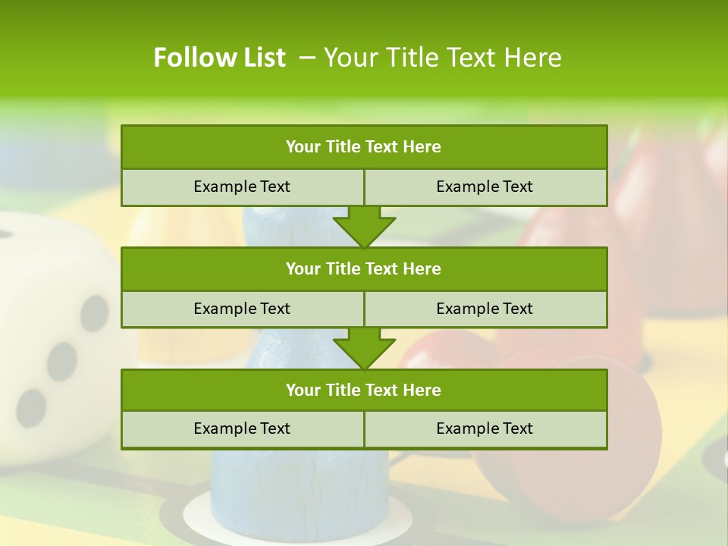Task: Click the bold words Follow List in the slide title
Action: coord(219,58)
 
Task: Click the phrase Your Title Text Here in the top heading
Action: coord(442,58)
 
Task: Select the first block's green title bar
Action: coord(364,147)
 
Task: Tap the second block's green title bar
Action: coord(364,268)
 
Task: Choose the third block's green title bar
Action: coord(364,390)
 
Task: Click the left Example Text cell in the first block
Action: coord(242,187)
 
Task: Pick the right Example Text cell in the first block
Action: coord(485,187)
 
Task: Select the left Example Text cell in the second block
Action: coord(242,309)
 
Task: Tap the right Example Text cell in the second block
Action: coord(485,309)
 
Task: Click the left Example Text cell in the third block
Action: coord(242,428)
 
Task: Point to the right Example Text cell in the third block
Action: coord(485,428)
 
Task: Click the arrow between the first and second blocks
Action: coord(364,226)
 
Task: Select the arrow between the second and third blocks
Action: coord(364,347)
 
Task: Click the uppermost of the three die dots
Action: coord(95,312)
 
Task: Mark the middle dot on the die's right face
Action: coord(61,361)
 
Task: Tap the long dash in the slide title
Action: coord(308,58)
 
